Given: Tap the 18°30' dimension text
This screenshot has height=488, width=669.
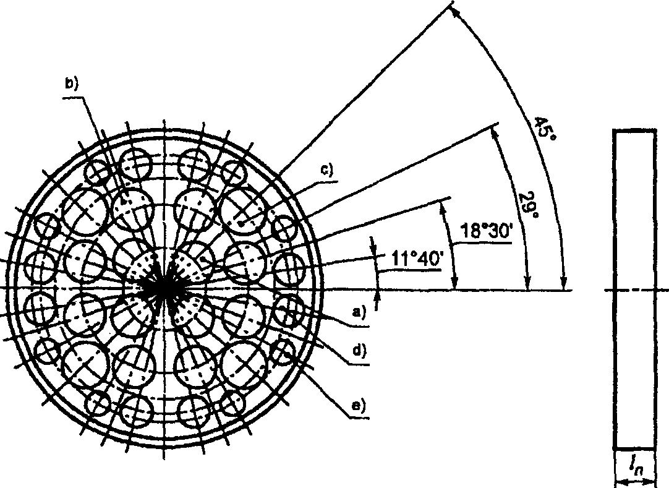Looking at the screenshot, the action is click(x=485, y=231).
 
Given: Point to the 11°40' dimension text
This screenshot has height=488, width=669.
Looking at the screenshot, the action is click(x=416, y=259).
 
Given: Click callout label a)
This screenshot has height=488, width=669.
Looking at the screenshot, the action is click(x=359, y=312).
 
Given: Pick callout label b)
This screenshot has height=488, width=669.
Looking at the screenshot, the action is click(x=71, y=83).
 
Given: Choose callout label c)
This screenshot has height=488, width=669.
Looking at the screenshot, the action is click(x=326, y=170).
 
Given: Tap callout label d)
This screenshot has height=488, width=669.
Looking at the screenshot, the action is click(x=359, y=351).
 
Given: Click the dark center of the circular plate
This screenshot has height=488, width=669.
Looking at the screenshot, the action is click(x=163, y=289).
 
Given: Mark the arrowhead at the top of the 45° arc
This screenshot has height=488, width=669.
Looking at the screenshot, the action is click(x=455, y=12).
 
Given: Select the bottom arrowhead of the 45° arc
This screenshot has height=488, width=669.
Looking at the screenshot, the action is click(x=564, y=283).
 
